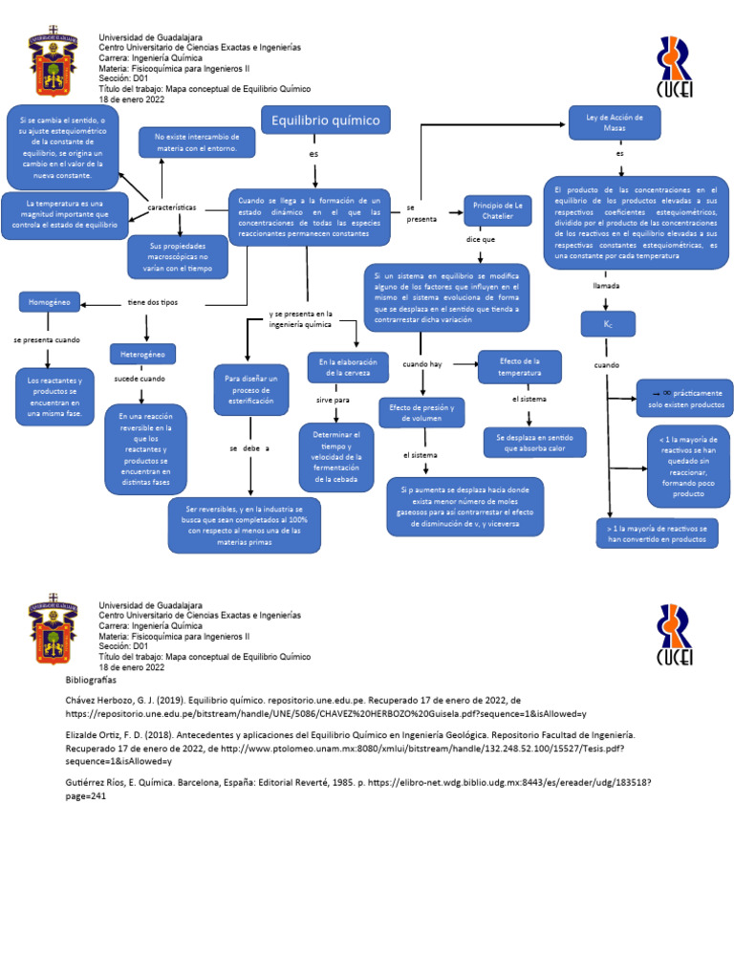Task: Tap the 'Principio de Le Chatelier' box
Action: pyautogui.click(x=496, y=210)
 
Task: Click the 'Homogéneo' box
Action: pyautogui.click(x=49, y=302)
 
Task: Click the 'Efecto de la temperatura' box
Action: pyautogui.click(x=519, y=366)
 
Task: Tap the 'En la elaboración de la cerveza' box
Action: pyautogui.click(x=347, y=366)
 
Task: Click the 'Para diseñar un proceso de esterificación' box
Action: pyautogui.click(x=249, y=390)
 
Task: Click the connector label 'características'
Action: pyautogui.click(x=173, y=207)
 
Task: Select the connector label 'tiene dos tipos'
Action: pyautogui.click(x=153, y=303)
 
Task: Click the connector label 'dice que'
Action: pyautogui.click(x=481, y=240)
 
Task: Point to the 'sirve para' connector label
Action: pyautogui.click(x=333, y=400)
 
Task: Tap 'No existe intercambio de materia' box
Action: pyautogui.click(x=197, y=142)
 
